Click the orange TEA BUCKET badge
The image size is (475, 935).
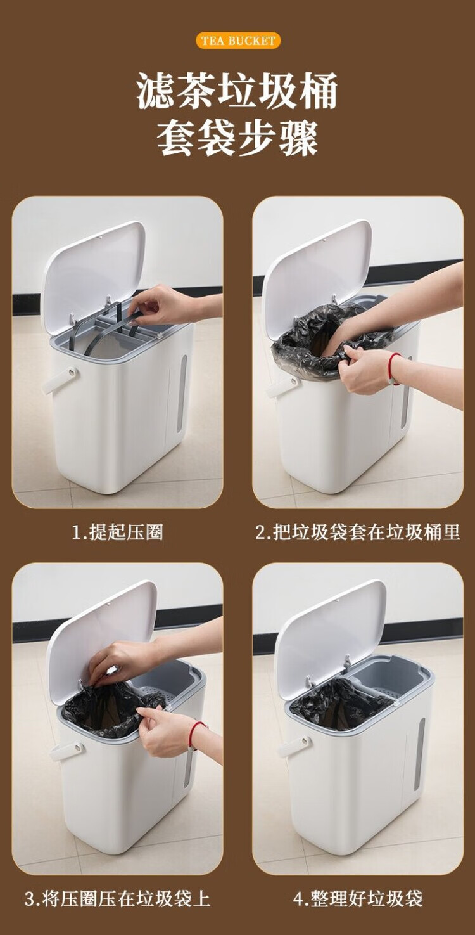[237, 41]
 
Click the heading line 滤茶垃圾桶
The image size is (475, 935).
[237, 91]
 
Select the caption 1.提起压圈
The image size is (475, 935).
[117, 532]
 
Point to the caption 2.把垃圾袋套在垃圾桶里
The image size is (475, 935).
[358, 532]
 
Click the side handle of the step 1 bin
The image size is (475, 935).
[60, 380]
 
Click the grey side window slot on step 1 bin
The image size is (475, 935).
[182, 394]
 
